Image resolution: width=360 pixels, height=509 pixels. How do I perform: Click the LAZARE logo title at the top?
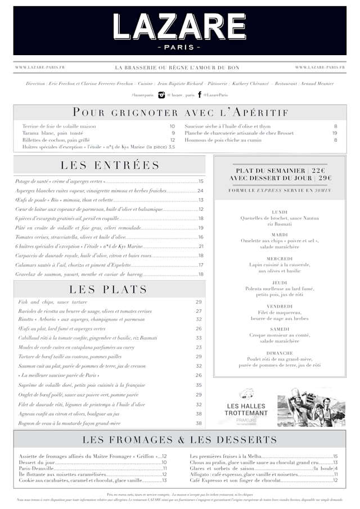(179, 26)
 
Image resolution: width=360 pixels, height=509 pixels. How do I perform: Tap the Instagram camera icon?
(161, 95)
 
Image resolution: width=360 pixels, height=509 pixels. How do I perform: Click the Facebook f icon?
(199, 95)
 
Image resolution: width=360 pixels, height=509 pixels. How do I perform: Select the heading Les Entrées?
(110, 165)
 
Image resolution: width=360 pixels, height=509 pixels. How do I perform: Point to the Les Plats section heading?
(109, 290)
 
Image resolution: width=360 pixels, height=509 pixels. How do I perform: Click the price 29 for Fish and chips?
(199, 302)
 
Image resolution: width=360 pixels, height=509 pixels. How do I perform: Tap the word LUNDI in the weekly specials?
(280, 212)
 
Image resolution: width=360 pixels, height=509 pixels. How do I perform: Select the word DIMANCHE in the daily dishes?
(280, 353)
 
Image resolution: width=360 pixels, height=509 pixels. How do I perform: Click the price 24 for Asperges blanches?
(200, 191)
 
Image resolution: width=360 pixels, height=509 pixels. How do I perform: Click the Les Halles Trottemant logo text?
(247, 409)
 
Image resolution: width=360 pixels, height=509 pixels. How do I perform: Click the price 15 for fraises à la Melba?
(335, 456)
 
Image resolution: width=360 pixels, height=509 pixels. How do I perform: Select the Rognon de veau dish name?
(69, 423)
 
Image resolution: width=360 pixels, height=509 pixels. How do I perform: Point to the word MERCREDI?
(280, 259)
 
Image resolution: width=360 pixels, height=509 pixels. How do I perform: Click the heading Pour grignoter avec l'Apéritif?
(180, 112)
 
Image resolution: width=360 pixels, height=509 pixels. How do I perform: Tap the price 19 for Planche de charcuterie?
(335, 133)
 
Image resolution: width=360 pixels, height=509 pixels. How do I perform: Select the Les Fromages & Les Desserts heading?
(180, 440)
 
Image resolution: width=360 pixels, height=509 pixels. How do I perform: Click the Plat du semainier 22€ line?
(280, 170)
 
